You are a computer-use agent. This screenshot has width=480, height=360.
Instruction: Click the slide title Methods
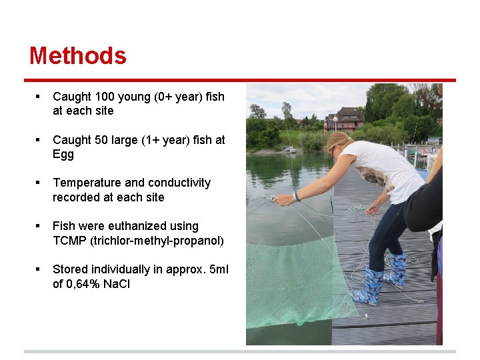[x=77, y=56]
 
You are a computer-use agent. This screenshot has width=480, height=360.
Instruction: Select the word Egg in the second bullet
[x=63, y=155]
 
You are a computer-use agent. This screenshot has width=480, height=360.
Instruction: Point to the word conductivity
[x=178, y=183]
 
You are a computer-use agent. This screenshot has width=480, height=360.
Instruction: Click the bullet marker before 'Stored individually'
[x=39, y=269]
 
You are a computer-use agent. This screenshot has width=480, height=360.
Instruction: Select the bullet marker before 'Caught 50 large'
[x=39, y=140]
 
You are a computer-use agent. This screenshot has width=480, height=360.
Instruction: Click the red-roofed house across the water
[x=345, y=119]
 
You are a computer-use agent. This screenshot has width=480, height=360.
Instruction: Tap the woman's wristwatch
[x=296, y=196]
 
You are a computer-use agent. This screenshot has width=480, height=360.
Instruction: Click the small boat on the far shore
[x=289, y=149]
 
